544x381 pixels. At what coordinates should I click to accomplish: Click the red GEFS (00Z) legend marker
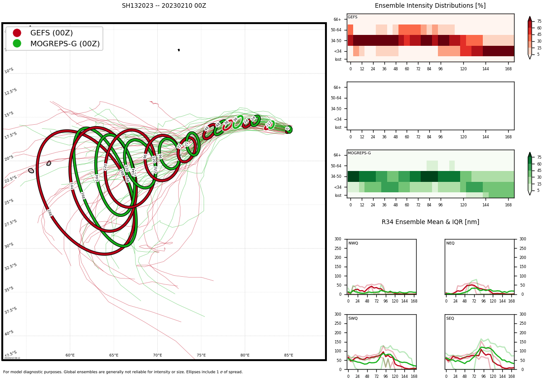coord(17,33)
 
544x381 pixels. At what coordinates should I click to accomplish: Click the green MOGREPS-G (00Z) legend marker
coord(17,44)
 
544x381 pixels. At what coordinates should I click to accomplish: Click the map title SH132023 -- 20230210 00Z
coord(164,6)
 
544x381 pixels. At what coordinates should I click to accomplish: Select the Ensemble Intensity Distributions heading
coord(430,6)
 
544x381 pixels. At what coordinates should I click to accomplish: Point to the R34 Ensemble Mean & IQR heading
coord(430,222)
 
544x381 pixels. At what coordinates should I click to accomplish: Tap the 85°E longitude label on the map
coord(288,355)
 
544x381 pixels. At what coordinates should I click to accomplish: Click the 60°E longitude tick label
coord(70,355)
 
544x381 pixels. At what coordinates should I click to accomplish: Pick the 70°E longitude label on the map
coord(157,355)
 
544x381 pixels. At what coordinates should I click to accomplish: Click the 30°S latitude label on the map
coord(10,246)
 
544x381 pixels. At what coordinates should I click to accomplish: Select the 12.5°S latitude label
coord(10,92)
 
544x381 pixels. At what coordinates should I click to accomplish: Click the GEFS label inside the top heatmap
coord(353,17)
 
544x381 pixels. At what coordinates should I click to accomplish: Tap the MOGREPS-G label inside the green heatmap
coord(359,153)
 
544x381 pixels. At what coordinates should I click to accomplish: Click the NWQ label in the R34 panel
coord(353,244)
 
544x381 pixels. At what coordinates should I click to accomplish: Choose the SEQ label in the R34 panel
coord(450,319)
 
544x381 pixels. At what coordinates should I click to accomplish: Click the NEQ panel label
coord(450,244)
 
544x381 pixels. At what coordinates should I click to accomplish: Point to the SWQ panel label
coord(353,319)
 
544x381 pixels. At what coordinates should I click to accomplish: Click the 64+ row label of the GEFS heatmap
coord(337,20)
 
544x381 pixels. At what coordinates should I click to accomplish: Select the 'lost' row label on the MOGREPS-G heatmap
coord(338,195)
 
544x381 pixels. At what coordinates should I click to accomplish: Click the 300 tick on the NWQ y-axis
coord(338,239)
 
